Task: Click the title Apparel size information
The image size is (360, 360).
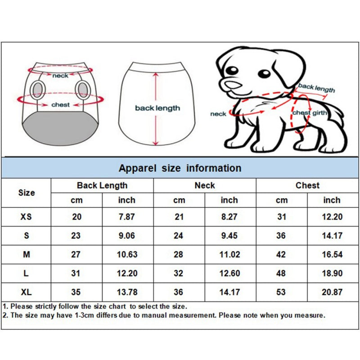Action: point(180,168)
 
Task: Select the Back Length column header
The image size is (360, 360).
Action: point(102,185)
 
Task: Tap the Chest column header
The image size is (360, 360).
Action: point(307,185)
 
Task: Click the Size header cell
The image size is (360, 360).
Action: point(27,193)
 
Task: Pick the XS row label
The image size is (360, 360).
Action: point(27,217)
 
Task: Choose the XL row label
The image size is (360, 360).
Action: point(27,292)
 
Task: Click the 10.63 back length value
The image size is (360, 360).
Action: point(126,255)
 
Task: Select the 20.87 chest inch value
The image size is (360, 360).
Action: point(332,292)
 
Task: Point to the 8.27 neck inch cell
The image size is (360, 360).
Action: point(229,217)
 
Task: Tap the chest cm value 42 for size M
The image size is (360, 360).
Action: point(281,255)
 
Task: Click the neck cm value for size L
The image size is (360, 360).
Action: point(179,273)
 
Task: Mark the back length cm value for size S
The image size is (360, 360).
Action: point(76,236)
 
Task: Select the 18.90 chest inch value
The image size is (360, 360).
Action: point(332,273)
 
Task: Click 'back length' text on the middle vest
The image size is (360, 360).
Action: point(157,108)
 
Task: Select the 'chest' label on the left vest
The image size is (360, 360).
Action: point(61,104)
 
